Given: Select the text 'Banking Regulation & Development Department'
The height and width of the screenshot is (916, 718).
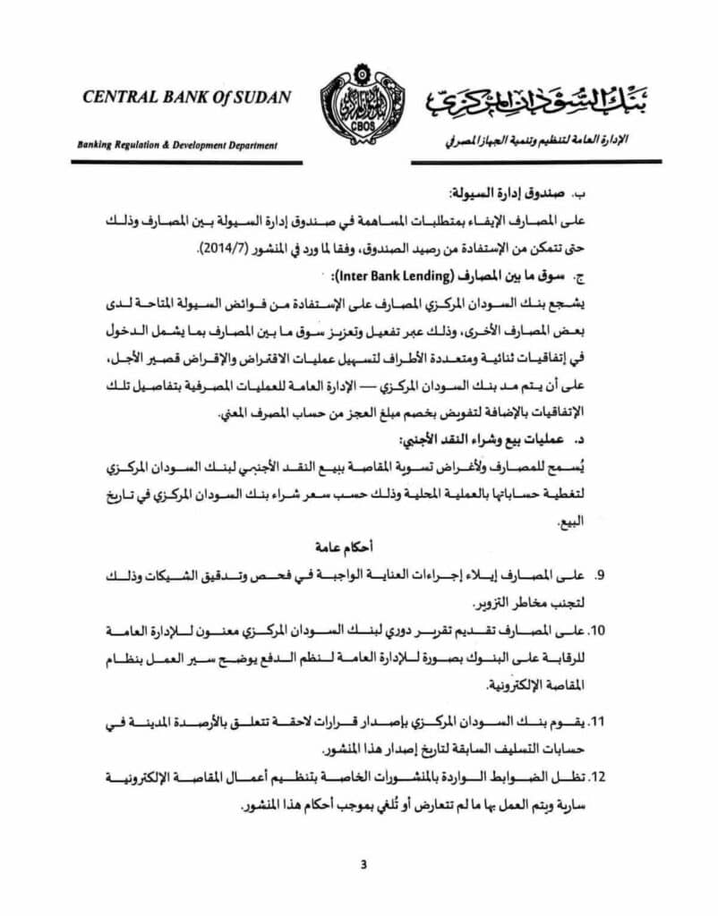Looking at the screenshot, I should [177, 145].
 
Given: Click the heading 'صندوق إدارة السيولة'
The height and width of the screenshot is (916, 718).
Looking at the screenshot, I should [509, 194].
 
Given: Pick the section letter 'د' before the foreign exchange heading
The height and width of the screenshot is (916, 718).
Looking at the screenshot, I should [580, 444].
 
